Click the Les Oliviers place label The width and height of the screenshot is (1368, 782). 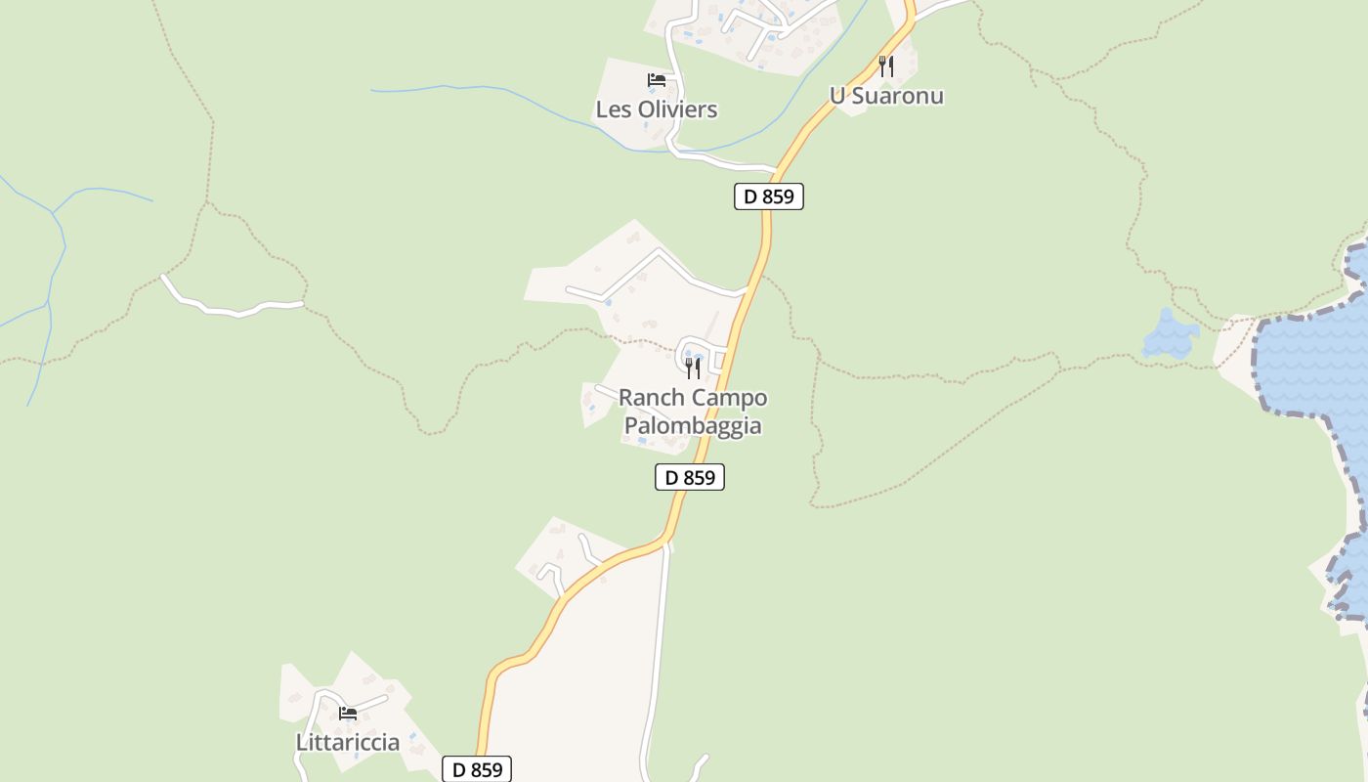[x=657, y=109]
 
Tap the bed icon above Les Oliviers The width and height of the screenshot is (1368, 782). [x=657, y=79]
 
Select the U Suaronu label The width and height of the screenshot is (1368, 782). [x=886, y=96]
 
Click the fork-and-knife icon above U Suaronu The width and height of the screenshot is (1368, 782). [x=886, y=65]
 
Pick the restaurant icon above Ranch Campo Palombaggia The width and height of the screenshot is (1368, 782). [x=693, y=368]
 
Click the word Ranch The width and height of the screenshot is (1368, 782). [x=649, y=398]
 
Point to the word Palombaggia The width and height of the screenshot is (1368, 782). [x=693, y=426]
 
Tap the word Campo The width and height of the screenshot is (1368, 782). [x=730, y=398]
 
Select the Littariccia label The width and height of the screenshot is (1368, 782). [x=348, y=742]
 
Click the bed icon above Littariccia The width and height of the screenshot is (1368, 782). [x=348, y=713]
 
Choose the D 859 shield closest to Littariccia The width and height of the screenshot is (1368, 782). [x=477, y=769]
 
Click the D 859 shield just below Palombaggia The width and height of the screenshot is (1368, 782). [x=690, y=477]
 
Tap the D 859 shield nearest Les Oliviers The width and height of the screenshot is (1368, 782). [x=769, y=196]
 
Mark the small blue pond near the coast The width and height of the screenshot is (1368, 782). [x=1170, y=335]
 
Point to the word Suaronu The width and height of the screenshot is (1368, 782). [x=898, y=96]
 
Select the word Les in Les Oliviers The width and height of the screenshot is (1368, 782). [x=613, y=109]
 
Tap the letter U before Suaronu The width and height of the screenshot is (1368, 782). [x=837, y=96]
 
